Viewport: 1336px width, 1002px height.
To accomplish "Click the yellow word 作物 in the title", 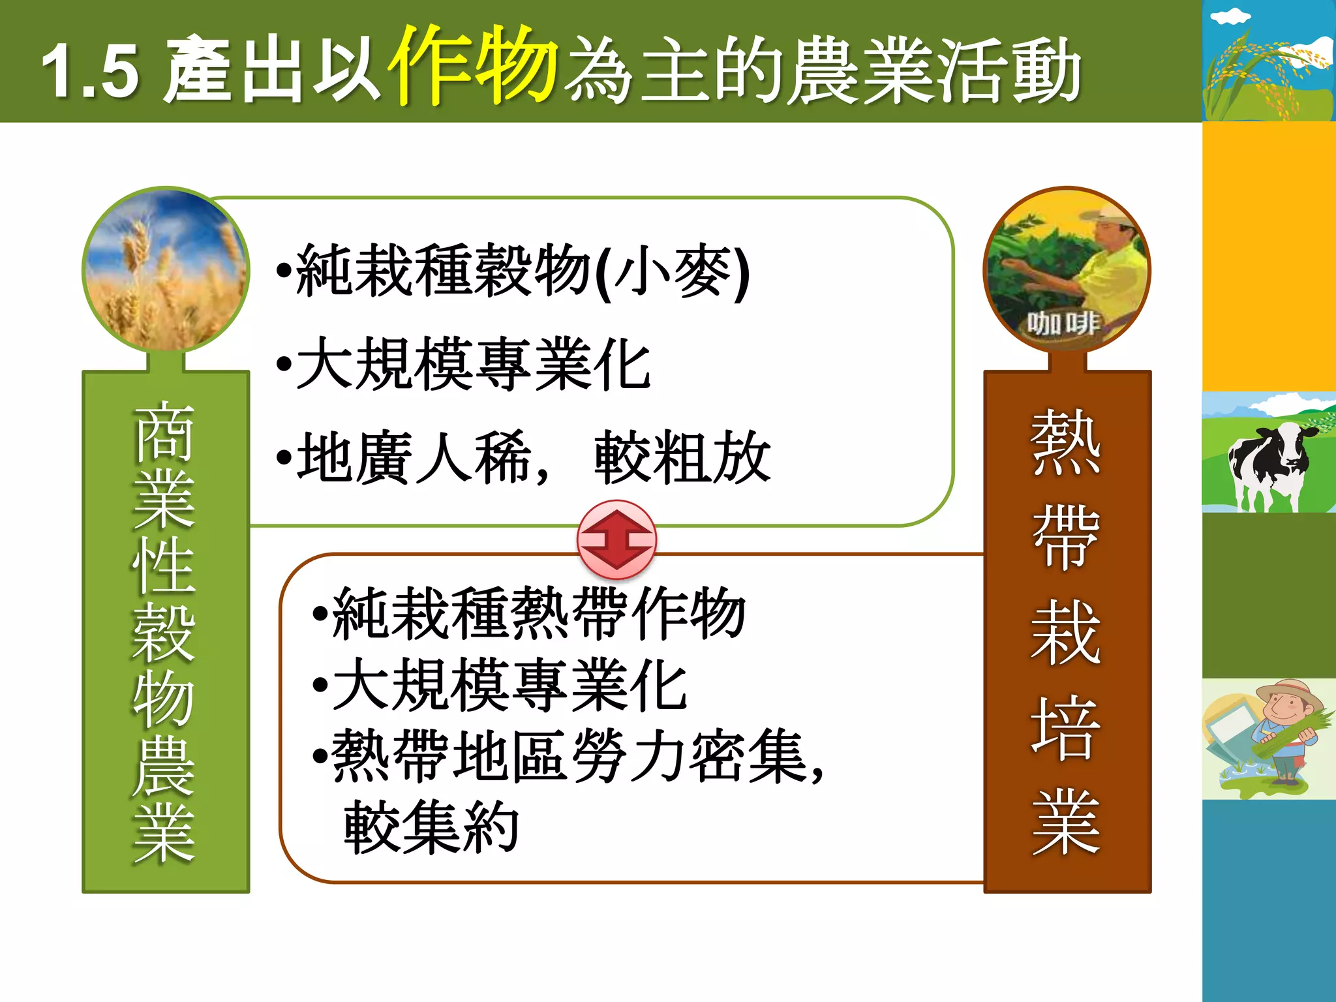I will pos(474,65).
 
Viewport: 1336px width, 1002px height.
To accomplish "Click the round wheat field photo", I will pos(166,269).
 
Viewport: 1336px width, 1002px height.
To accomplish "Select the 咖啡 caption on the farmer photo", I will pos(1063,323).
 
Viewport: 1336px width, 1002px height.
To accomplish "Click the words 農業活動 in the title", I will pos(933,70).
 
